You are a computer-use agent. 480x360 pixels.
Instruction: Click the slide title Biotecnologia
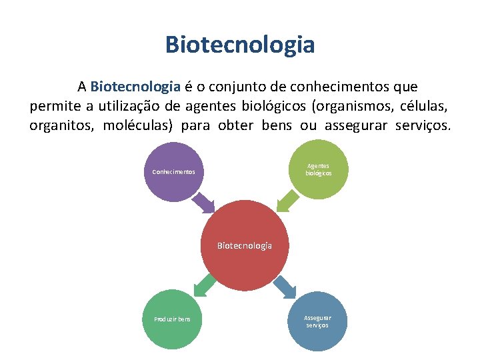[x=240, y=45]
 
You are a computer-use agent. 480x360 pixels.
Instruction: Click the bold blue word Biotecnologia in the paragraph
[x=135, y=87]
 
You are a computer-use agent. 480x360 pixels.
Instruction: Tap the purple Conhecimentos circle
[x=173, y=172]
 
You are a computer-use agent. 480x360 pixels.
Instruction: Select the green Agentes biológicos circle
[x=318, y=169]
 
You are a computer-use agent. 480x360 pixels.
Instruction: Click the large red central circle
[x=244, y=245]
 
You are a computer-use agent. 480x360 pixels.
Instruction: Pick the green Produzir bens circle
[x=172, y=319]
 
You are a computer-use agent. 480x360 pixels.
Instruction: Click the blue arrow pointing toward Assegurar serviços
[x=285, y=287]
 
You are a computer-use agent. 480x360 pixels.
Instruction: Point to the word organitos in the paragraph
[x=61, y=125]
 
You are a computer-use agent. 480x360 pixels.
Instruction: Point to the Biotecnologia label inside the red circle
[x=244, y=245]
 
